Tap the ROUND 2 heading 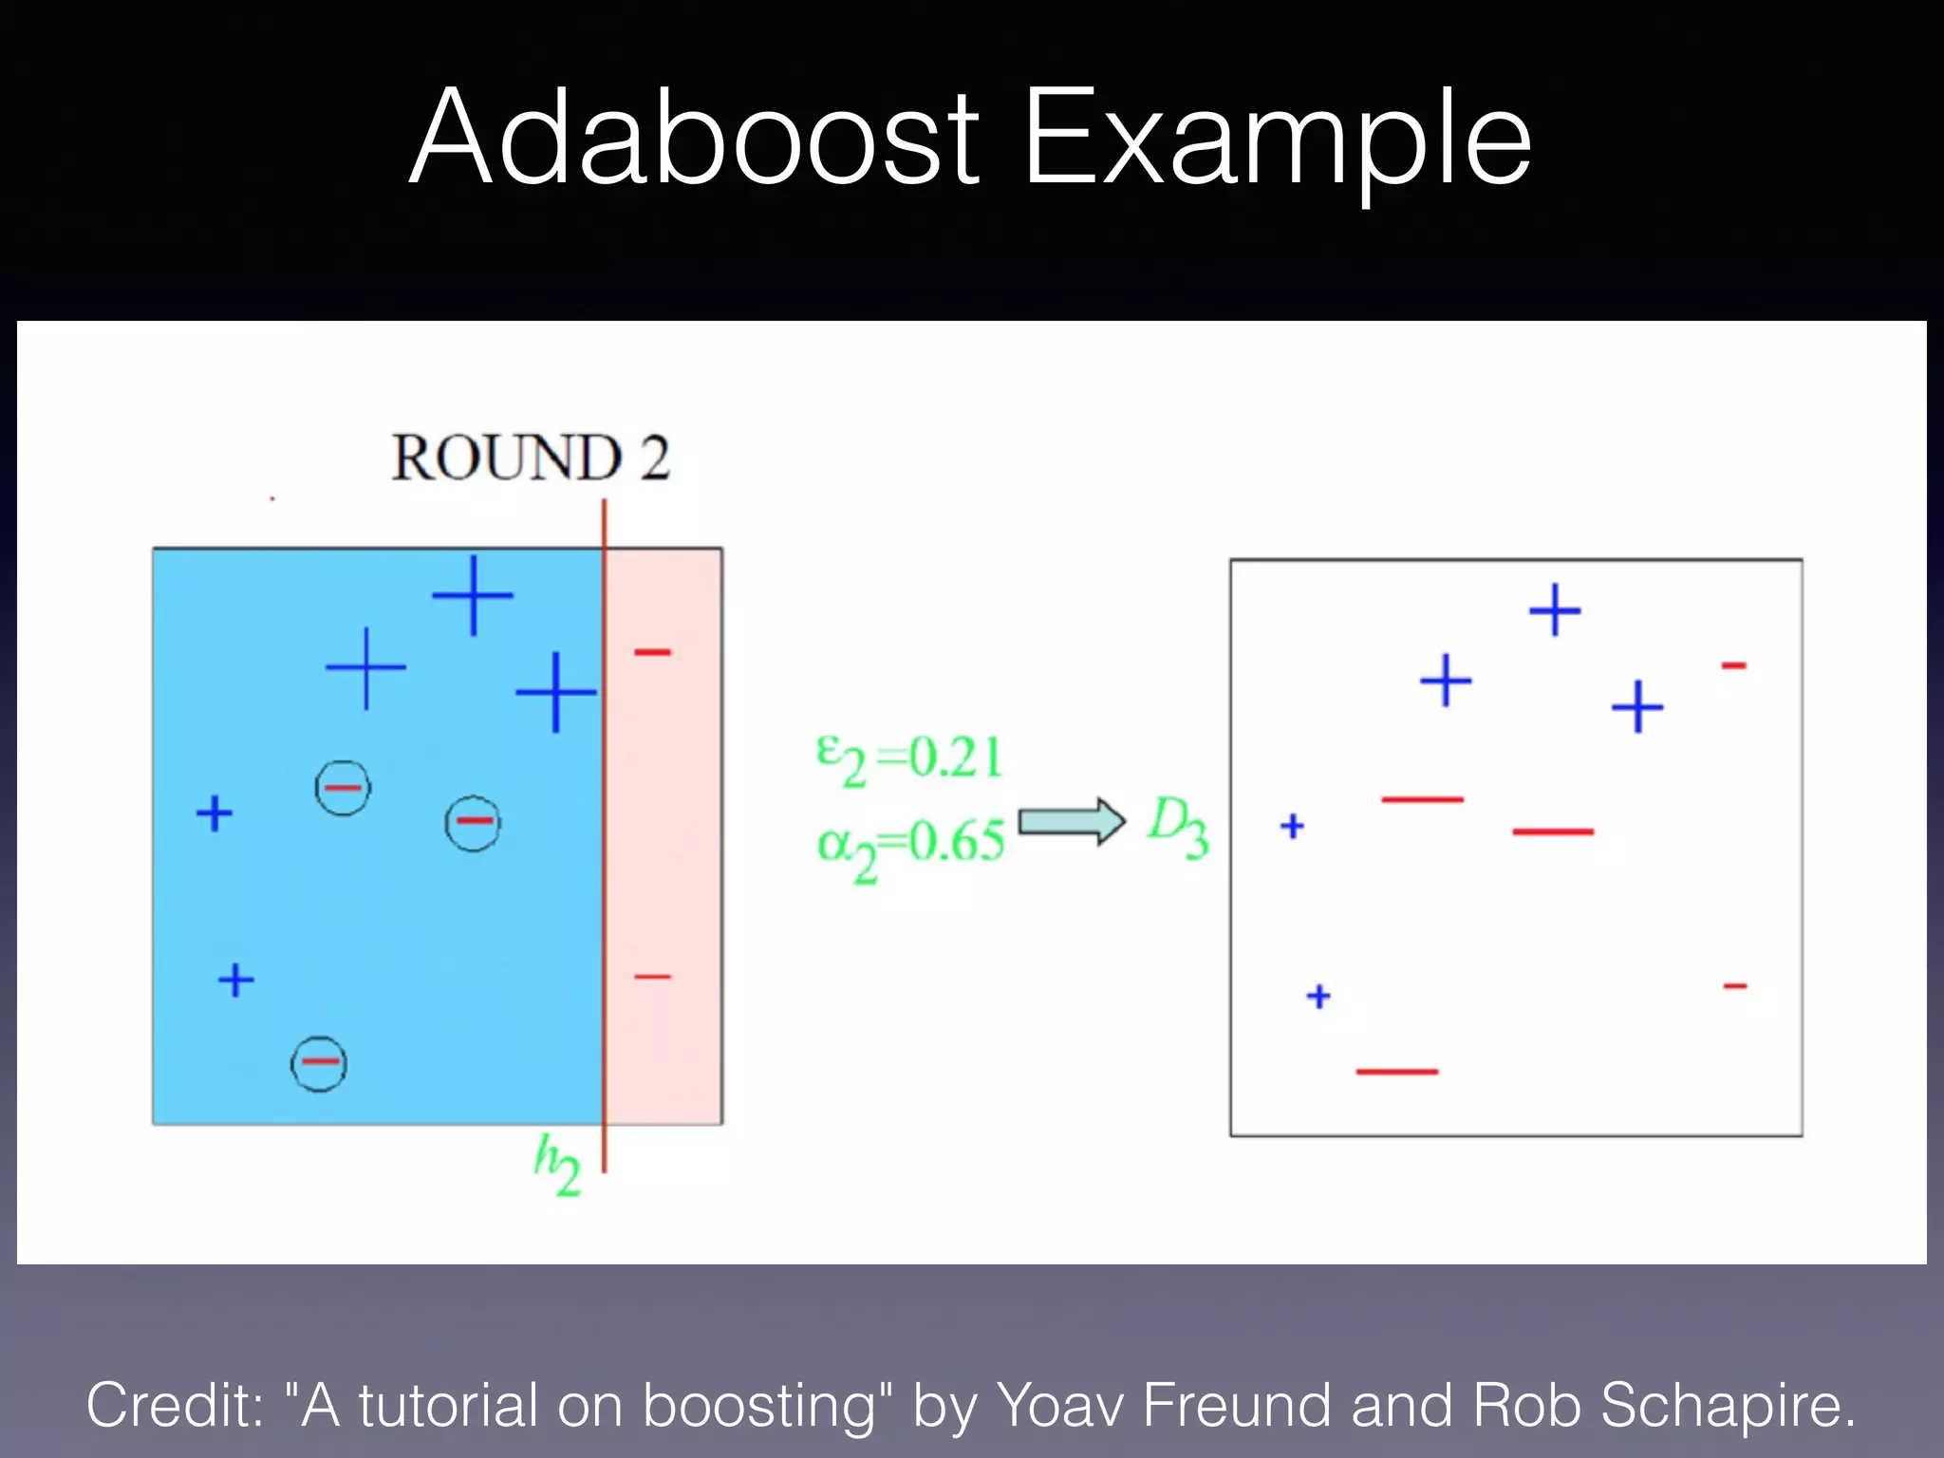pos(531,458)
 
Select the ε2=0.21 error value pos(909,759)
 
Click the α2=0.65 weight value pos(909,843)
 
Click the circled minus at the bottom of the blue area pos(319,1062)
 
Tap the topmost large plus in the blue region pos(473,595)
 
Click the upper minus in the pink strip pos(653,651)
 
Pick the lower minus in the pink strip pos(653,976)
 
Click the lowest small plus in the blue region pos(236,980)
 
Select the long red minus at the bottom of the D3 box pos(1397,1072)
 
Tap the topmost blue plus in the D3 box pos(1555,609)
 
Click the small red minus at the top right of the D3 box pos(1734,665)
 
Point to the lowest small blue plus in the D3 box pos(1318,996)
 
